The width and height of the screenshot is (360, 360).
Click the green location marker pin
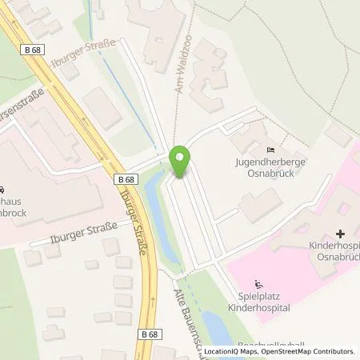pos(182,162)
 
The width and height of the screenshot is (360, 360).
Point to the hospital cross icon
pos(341,234)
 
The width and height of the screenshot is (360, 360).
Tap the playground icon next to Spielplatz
pos(258,284)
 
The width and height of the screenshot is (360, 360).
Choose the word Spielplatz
pos(260,296)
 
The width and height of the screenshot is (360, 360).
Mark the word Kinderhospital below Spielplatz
pos(261,307)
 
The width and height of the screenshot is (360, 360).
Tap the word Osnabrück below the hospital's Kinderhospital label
pos(336,258)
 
